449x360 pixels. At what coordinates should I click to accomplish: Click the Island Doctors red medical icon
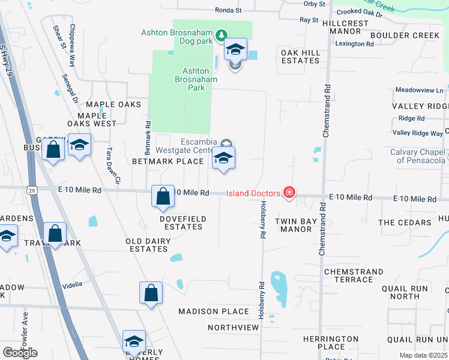(289, 193)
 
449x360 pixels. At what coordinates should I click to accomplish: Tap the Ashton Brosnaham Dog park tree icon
(221, 35)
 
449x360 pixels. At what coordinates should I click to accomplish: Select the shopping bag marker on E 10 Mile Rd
(163, 197)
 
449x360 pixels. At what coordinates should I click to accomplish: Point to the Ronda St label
(228, 10)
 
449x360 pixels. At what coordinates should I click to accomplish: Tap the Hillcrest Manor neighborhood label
(345, 27)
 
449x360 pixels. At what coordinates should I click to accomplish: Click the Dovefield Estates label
(181, 223)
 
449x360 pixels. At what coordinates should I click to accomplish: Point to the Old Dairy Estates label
(148, 245)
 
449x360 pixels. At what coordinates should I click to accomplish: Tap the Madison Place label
(213, 311)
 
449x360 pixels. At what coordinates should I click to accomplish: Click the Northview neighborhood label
(233, 328)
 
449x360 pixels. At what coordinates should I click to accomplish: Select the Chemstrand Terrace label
(353, 275)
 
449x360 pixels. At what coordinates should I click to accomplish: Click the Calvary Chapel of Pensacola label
(418, 156)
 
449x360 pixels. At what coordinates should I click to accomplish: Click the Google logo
(20, 353)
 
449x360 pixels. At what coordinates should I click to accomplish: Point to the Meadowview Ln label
(419, 90)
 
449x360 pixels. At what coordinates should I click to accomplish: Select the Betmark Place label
(167, 161)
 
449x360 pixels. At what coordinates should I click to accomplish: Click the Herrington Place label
(331, 343)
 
